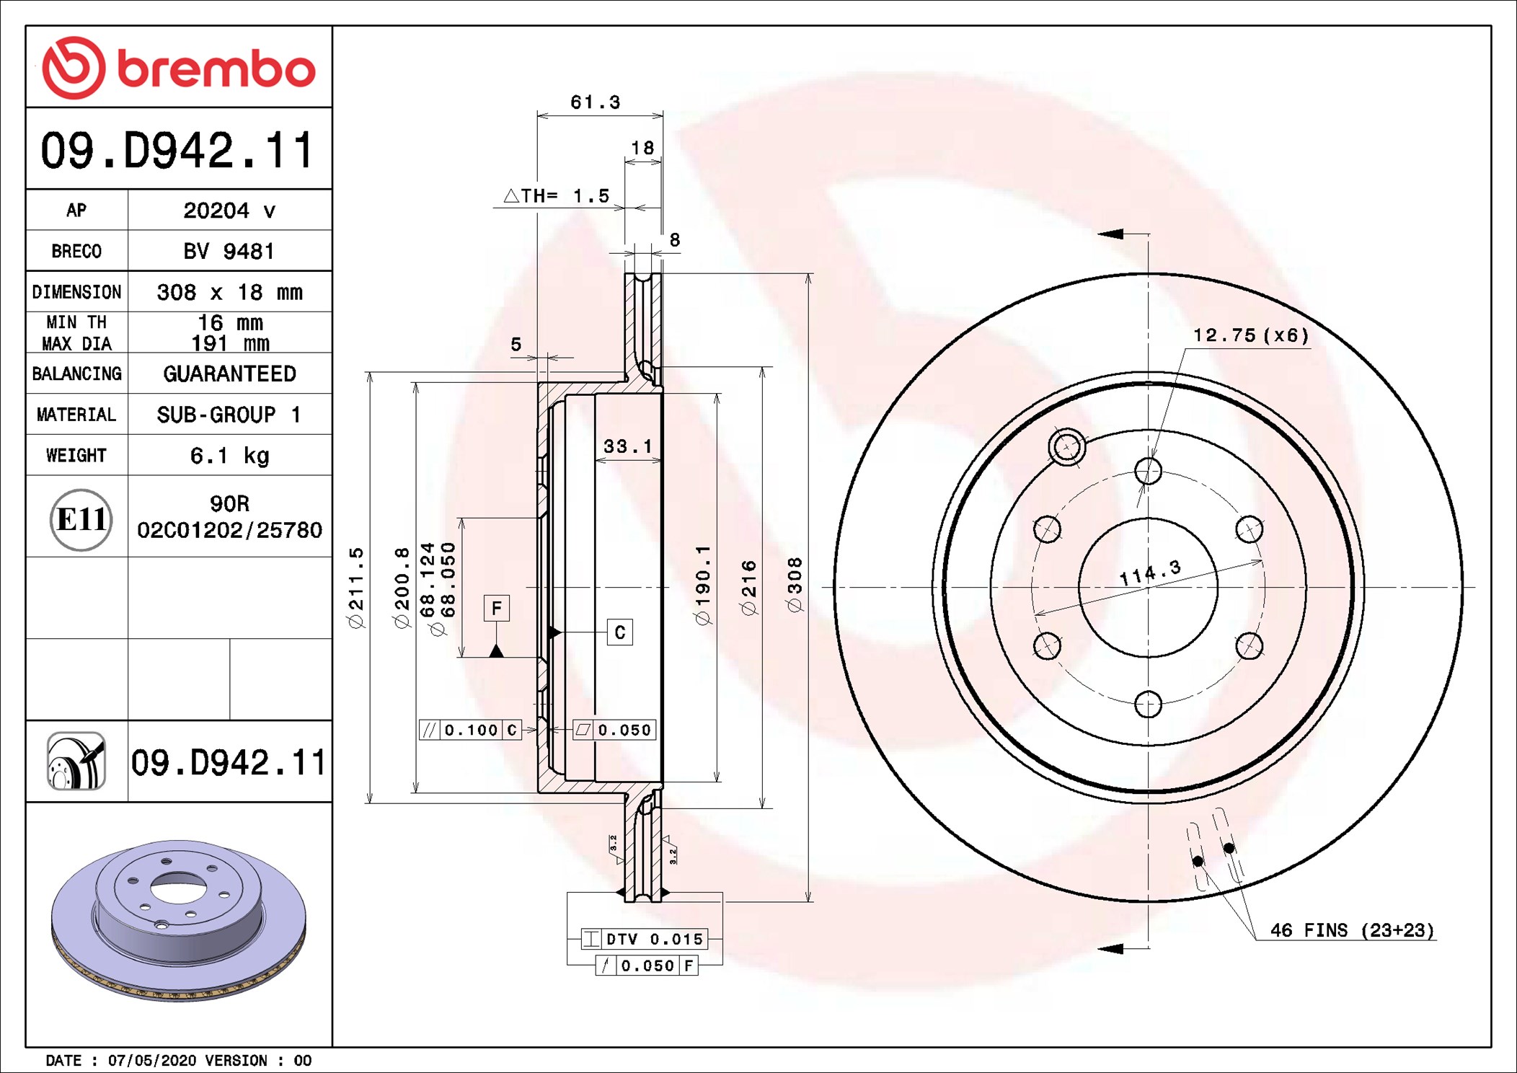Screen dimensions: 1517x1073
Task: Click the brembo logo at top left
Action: [x=179, y=68]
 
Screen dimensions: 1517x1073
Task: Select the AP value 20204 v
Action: [x=229, y=211]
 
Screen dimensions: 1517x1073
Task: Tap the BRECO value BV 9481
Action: [x=229, y=251]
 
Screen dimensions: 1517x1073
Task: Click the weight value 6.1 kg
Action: [x=229, y=456]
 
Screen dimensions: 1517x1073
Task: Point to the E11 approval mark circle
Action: [x=81, y=519]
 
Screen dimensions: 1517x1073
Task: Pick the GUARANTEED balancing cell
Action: [x=229, y=374]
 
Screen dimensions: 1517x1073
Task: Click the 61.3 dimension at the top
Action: [x=596, y=102]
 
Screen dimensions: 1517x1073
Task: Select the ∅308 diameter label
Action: [x=795, y=585]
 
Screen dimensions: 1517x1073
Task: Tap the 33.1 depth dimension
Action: [x=628, y=446]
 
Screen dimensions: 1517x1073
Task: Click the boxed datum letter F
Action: [x=496, y=608]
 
